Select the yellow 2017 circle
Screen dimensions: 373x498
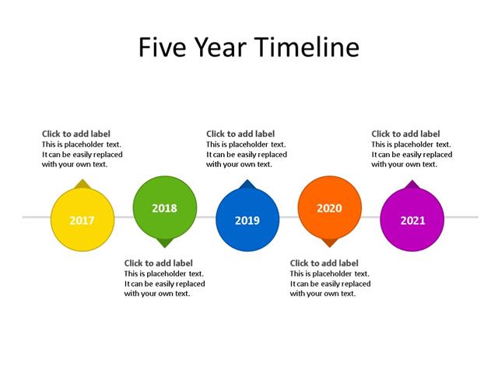[x=82, y=220]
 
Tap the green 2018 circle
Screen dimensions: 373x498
[x=165, y=208]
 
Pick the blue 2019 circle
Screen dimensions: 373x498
[x=247, y=220]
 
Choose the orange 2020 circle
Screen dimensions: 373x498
[x=330, y=208]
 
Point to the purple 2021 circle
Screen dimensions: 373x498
[x=412, y=220]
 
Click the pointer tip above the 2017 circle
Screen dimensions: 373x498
[x=82, y=183]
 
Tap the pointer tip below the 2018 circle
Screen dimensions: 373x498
[x=165, y=244]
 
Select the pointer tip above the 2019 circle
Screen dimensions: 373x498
[x=247, y=183]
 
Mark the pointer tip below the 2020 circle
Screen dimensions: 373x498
[x=330, y=244]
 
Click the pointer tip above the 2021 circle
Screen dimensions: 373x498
[x=412, y=183]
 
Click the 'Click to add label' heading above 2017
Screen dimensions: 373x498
[x=76, y=134]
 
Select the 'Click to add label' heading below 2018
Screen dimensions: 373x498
[x=159, y=263]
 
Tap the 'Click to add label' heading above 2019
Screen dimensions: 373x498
[x=240, y=134]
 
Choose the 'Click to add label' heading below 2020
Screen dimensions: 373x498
[x=324, y=263]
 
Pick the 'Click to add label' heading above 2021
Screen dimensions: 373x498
[x=405, y=134]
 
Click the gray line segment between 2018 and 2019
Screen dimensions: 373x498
[x=206, y=217]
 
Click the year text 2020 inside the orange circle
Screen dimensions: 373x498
[x=330, y=208]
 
